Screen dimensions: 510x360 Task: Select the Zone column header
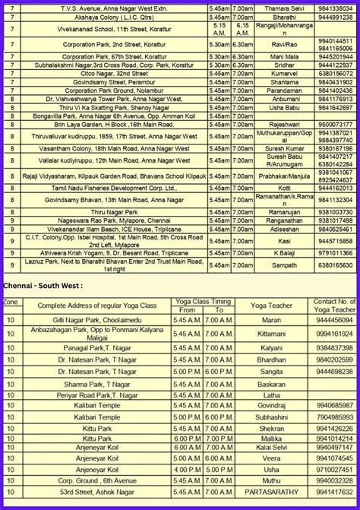pos(11,302)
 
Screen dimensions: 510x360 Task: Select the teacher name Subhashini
pos(271,417)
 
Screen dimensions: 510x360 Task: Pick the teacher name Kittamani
pos(271,333)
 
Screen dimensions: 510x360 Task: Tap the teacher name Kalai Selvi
pos(271,448)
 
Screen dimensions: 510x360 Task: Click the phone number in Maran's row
pos(334,321)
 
